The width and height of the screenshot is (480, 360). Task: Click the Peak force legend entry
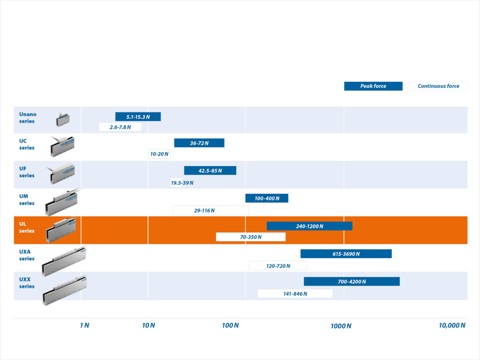click(373, 86)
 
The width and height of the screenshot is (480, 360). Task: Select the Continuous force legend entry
click(438, 86)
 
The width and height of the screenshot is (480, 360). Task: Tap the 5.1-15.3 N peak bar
click(138, 117)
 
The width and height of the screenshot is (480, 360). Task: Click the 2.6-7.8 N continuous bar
click(120, 127)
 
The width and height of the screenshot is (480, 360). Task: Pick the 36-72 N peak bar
click(199, 143)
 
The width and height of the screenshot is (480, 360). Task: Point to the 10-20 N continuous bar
click(159, 154)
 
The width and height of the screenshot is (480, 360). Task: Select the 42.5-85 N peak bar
click(210, 170)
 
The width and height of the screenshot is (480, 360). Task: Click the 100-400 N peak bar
click(267, 198)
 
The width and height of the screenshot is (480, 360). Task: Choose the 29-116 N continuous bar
click(211, 210)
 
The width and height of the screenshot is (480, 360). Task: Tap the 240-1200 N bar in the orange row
click(310, 226)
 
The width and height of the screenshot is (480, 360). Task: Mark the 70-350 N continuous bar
click(251, 237)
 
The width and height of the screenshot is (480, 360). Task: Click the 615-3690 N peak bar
click(346, 254)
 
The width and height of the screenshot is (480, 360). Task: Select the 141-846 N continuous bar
click(295, 294)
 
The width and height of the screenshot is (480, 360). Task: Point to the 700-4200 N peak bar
click(352, 281)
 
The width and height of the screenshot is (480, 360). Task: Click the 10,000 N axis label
click(452, 325)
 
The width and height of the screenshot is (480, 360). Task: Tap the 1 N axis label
click(84, 325)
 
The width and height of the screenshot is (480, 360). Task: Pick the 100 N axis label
click(230, 325)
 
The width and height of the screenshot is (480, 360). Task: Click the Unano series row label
click(28, 118)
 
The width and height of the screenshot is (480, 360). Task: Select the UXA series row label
click(27, 255)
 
